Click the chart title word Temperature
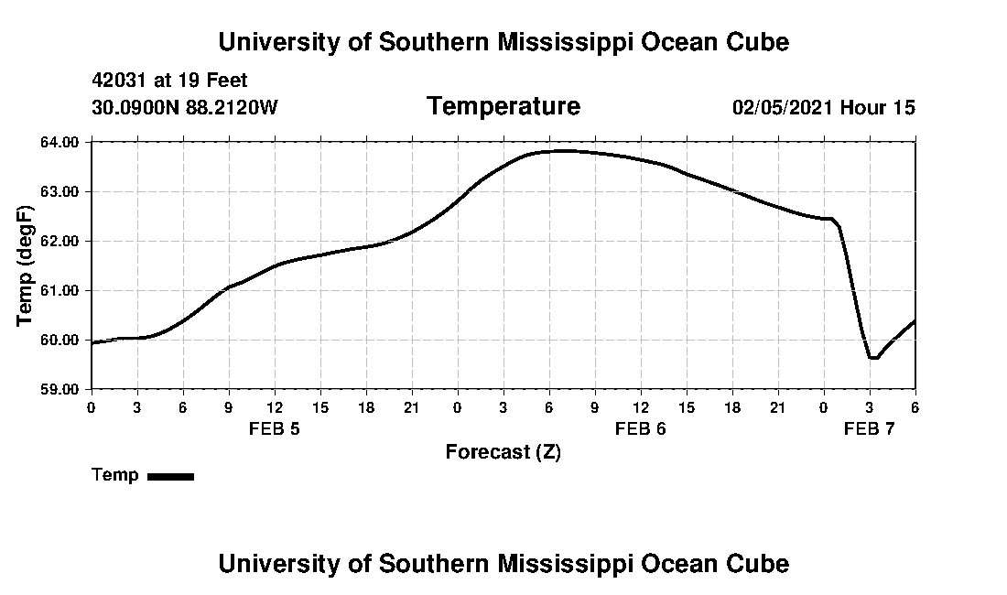[x=503, y=106]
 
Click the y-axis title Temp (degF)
[x=25, y=266]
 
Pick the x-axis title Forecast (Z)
[x=503, y=452]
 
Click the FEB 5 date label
[x=275, y=428]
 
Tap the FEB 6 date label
[x=641, y=428]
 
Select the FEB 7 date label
[x=869, y=428]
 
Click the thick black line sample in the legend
[x=170, y=476]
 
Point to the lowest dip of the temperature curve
[x=873, y=358]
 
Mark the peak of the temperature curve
[x=566, y=151]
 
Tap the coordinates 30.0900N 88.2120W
[x=184, y=107]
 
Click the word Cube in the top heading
[x=759, y=42]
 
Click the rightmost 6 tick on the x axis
[x=915, y=406]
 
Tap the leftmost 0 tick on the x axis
[x=91, y=406]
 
